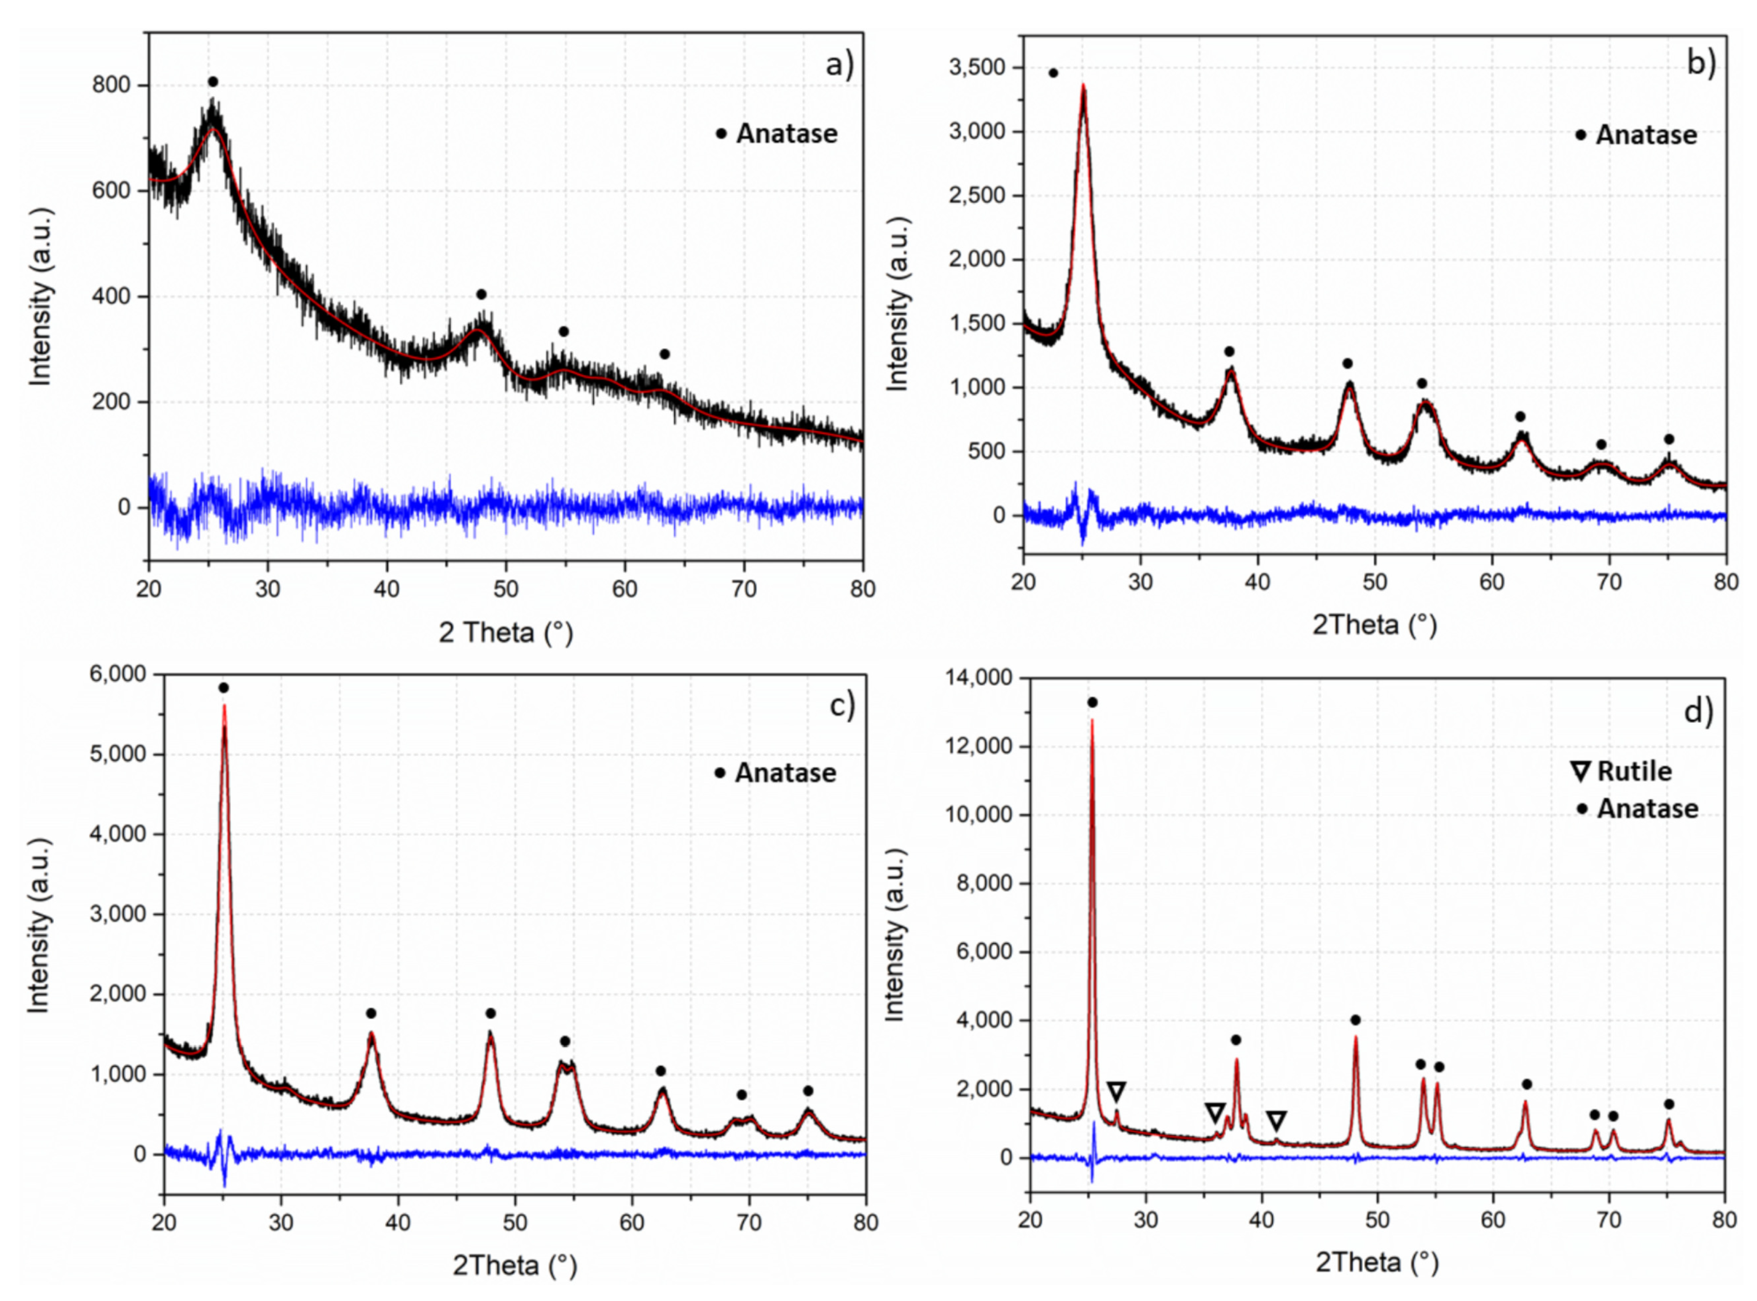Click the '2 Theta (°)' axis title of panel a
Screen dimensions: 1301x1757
click(506, 632)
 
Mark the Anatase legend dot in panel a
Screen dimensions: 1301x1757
click(720, 134)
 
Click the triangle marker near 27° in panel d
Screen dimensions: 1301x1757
click(1116, 1092)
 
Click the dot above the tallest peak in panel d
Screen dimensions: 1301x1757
click(1092, 703)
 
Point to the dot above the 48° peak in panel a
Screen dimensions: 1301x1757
click(481, 294)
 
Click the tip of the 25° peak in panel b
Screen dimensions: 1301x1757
click(1084, 86)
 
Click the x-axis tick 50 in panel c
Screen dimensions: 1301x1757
click(515, 1222)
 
